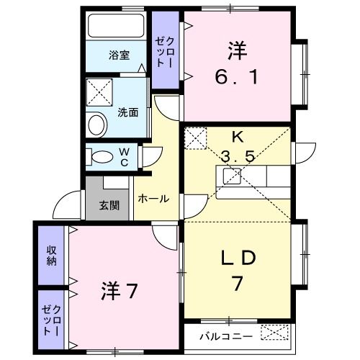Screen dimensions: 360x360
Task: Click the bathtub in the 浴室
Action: click(x=116, y=26)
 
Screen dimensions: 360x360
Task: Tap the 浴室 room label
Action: click(x=120, y=55)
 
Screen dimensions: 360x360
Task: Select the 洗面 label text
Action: click(x=128, y=112)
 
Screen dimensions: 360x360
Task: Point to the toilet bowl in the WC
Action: click(x=102, y=157)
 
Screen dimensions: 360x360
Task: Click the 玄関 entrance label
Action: click(x=109, y=205)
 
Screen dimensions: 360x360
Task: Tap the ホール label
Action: click(x=153, y=199)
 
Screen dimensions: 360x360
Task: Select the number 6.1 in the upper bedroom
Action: click(x=237, y=77)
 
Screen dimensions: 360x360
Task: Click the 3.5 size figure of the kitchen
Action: click(x=238, y=157)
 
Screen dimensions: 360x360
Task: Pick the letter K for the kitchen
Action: click(x=237, y=138)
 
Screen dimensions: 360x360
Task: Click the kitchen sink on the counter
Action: click(x=232, y=176)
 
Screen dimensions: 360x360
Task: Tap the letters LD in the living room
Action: click(x=238, y=258)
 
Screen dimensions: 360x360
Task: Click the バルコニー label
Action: click(x=226, y=336)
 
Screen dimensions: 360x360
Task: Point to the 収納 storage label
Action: click(x=51, y=256)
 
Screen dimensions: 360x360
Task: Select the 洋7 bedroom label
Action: click(x=120, y=290)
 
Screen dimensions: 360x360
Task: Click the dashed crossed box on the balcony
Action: click(x=274, y=332)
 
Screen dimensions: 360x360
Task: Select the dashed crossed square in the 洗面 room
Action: click(x=99, y=92)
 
